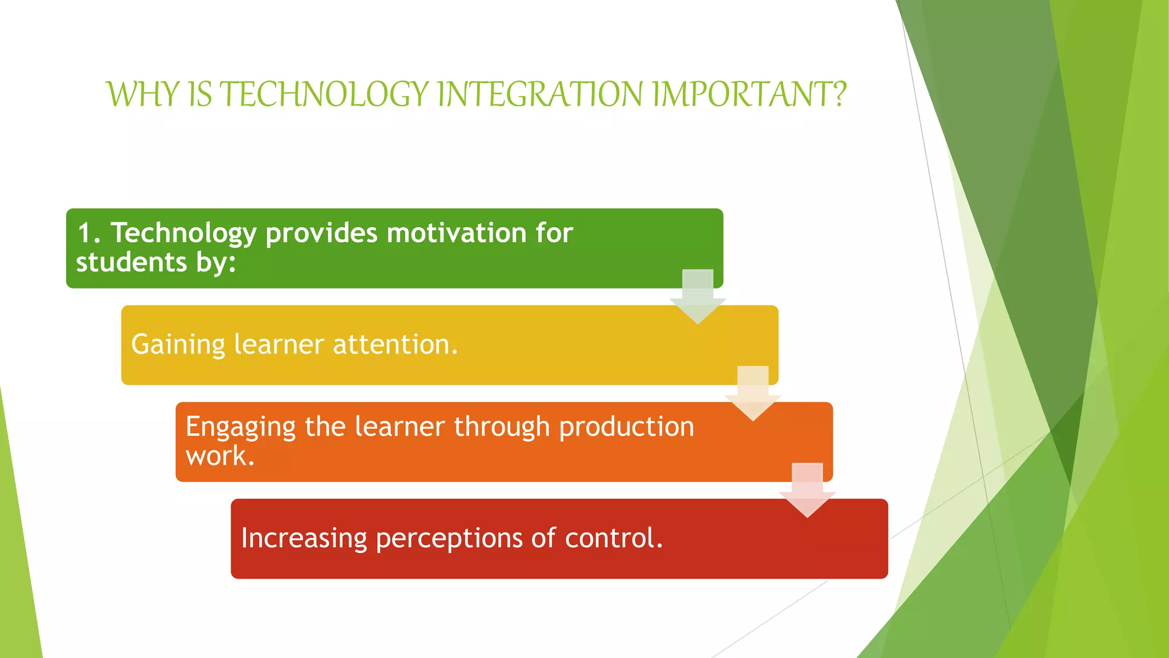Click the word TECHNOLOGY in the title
pyautogui.click(x=324, y=94)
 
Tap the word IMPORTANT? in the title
pyautogui.click(x=749, y=94)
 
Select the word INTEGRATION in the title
pyautogui.click(x=540, y=94)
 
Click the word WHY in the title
pyautogui.click(x=143, y=94)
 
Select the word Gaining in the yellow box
pyautogui.click(x=178, y=345)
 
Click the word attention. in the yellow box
pyautogui.click(x=395, y=344)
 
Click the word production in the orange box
pyautogui.click(x=626, y=427)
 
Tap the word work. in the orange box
pyautogui.click(x=220, y=456)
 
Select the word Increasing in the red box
pyautogui.click(x=304, y=539)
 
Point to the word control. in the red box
pyautogui.click(x=614, y=538)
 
